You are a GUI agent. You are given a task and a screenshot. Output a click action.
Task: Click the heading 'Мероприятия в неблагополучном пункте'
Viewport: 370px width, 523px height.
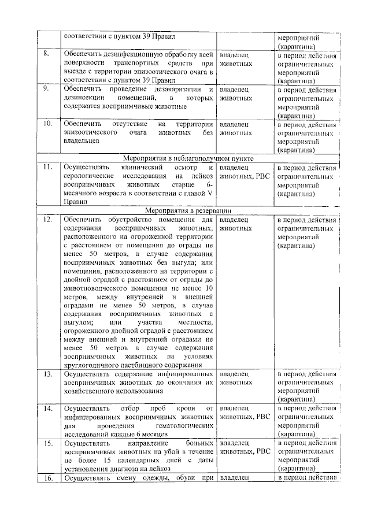pyautogui.click(x=189, y=158)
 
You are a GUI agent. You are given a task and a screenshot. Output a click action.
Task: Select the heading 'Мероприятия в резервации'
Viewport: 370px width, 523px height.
pyautogui.click(x=189, y=211)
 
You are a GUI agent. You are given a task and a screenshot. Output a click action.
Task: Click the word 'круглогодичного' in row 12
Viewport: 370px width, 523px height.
pyautogui.click(x=92, y=365)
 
